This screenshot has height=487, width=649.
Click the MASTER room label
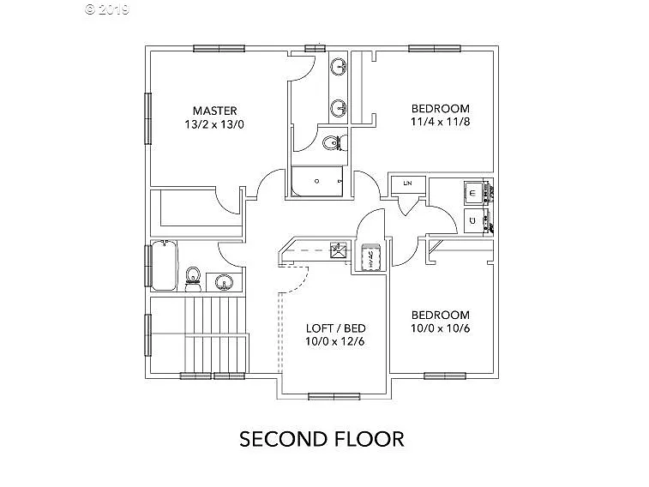214,111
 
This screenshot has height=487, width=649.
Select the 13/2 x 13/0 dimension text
214,124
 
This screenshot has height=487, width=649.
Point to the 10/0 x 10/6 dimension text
440,328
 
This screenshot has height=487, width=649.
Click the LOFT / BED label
336,328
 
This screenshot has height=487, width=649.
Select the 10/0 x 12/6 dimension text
336,342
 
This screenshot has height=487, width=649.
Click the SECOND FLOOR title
321,439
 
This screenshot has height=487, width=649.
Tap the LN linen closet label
407,183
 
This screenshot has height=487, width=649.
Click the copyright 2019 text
106,9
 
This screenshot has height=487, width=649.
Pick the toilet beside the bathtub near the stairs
194,276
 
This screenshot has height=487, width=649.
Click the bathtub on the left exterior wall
163,267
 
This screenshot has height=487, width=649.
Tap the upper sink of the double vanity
339,67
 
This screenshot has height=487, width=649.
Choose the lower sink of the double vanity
339,107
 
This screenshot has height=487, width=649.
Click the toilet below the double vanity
332,142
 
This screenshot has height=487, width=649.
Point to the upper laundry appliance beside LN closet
474,193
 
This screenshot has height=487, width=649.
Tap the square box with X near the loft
339,251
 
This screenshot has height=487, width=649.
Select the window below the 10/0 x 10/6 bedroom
444,375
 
